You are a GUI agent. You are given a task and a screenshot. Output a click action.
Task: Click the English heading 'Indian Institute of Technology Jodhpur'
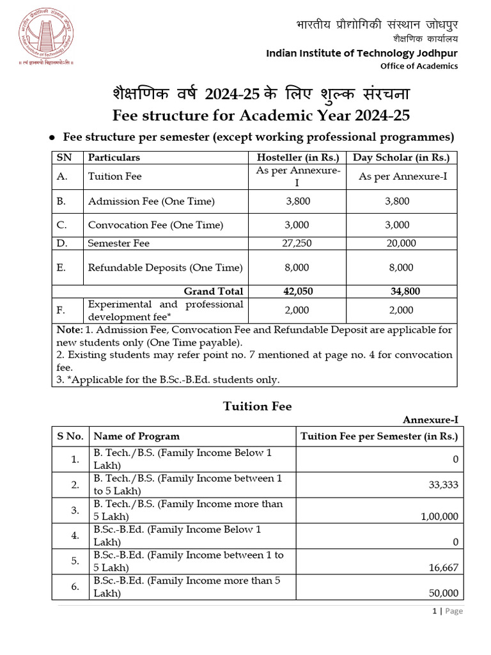[x=362, y=53]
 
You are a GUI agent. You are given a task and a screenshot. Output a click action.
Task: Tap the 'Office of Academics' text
[x=419, y=66]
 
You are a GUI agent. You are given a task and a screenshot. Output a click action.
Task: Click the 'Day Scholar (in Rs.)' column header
[x=401, y=157]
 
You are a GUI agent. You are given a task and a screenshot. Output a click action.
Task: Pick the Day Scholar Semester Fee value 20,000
[x=401, y=243]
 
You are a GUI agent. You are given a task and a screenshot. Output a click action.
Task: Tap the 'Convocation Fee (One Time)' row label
[x=155, y=225]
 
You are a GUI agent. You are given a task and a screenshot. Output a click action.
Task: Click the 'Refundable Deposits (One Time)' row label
[x=166, y=267]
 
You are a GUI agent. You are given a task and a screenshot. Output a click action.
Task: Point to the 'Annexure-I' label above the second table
[x=430, y=420]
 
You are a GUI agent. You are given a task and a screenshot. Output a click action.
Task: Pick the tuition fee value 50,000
[x=441, y=593]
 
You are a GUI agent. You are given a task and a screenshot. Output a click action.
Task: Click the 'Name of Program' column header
[x=136, y=436]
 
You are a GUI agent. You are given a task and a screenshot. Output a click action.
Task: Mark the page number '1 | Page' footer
[x=447, y=611]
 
